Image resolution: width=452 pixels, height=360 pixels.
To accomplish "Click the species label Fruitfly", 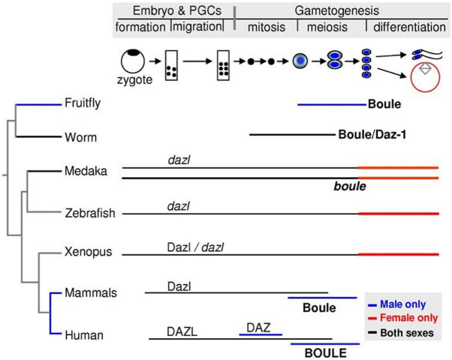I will coord(83,103).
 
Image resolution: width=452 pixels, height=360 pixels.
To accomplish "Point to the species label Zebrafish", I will coord(89,214).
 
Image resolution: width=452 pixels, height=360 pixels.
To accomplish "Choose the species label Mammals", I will coord(90,292).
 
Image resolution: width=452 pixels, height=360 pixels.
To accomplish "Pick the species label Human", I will coord(83,334).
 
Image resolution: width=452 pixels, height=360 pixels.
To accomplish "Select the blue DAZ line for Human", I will coord(260,334).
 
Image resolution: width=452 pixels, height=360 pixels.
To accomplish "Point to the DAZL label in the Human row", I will coord(183,329).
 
